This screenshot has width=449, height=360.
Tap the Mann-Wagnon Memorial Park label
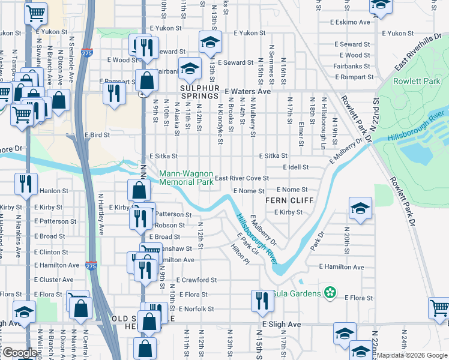(x=186, y=178)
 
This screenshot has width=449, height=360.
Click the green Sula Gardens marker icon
(x=329, y=292)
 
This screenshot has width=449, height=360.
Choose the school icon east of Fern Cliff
(x=360, y=208)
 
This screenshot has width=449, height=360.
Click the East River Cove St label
(x=241, y=178)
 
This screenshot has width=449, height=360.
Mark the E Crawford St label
(x=196, y=280)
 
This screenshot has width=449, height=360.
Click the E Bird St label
(x=97, y=136)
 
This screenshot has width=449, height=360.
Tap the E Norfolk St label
(x=194, y=309)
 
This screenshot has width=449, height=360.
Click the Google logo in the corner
(x=19, y=353)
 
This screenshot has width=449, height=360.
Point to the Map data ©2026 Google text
(x=411, y=355)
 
